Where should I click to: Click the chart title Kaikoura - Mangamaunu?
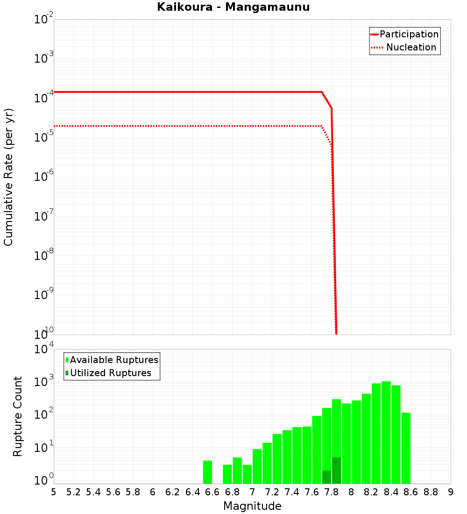point(233,7)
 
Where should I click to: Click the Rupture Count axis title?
point(18,416)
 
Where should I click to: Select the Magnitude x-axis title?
point(252,506)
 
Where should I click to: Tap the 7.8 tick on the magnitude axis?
point(332,492)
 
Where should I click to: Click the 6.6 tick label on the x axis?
point(212,492)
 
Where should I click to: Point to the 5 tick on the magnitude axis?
point(54,492)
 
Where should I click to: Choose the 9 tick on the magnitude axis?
point(451,492)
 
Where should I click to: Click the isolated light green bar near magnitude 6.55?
point(207,472)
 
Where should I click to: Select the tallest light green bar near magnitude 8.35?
point(386,432)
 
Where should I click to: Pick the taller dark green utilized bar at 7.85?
point(336,471)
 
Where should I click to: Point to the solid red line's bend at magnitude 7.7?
point(322,92)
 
